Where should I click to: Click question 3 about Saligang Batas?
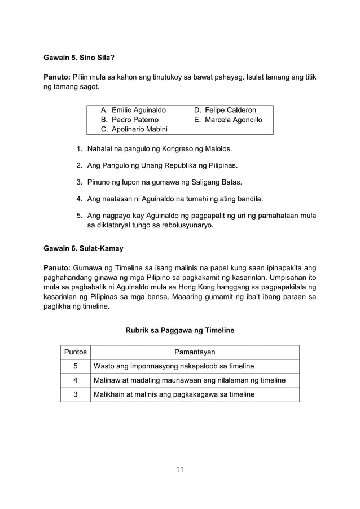[161, 182]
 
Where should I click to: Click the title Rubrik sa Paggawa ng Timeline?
[179, 330]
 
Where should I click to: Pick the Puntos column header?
[75, 352]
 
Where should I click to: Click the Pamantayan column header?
[194, 352]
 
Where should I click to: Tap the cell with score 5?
[75, 366]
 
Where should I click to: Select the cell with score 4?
[75, 380]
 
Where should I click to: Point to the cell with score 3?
[75, 394]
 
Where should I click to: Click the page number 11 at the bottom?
[179, 468]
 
